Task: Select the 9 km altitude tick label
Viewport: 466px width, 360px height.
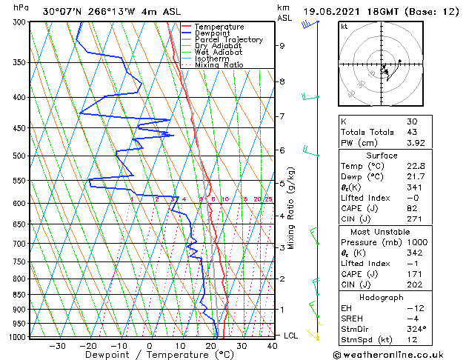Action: pyautogui.click(x=282, y=46)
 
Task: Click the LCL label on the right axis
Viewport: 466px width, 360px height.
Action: pyautogui.click(x=292, y=336)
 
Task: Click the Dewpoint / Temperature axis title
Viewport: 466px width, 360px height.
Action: pyautogui.click(x=147, y=355)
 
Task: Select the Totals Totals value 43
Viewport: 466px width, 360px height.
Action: pyautogui.click(x=412, y=132)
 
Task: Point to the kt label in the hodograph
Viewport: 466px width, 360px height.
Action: pyautogui.click(x=344, y=27)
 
